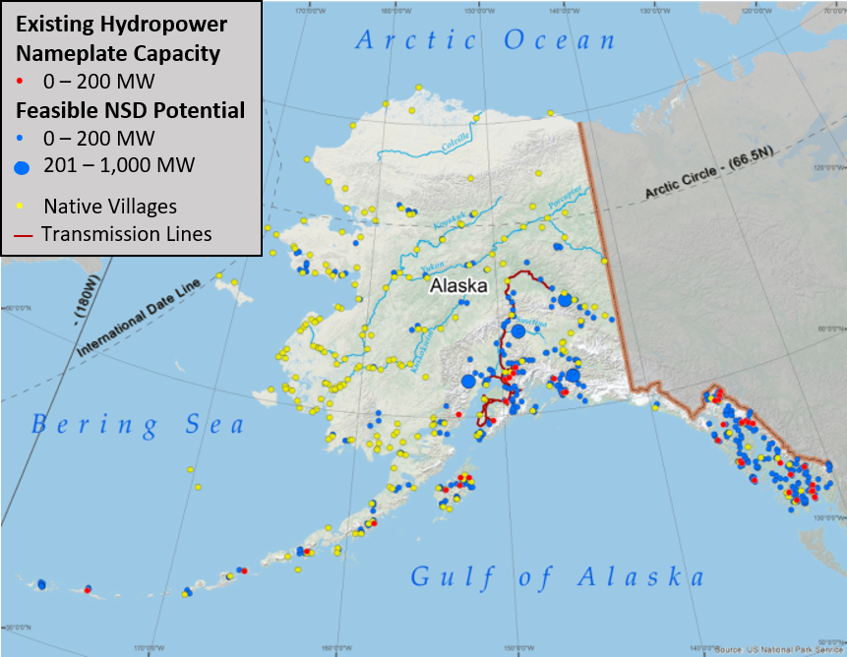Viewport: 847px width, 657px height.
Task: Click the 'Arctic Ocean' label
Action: [486, 40]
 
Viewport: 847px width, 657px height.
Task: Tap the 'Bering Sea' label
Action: [137, 425]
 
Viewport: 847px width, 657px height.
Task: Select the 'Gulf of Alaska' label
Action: [557, 576]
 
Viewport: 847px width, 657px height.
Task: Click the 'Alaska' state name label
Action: [458, 286]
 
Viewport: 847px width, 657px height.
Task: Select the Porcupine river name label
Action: [564, 200]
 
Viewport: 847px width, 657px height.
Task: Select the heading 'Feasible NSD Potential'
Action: [129, 109]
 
